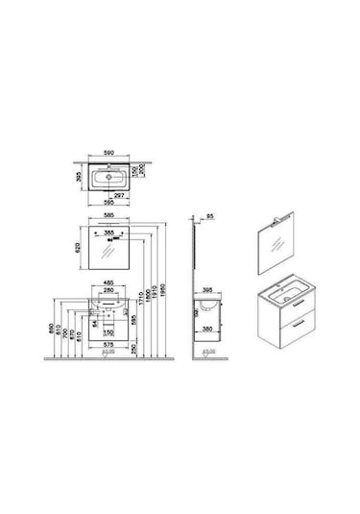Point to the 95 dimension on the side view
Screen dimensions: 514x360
[x=209, y=216]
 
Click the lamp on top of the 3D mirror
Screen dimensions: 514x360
[x=285, y=220]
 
